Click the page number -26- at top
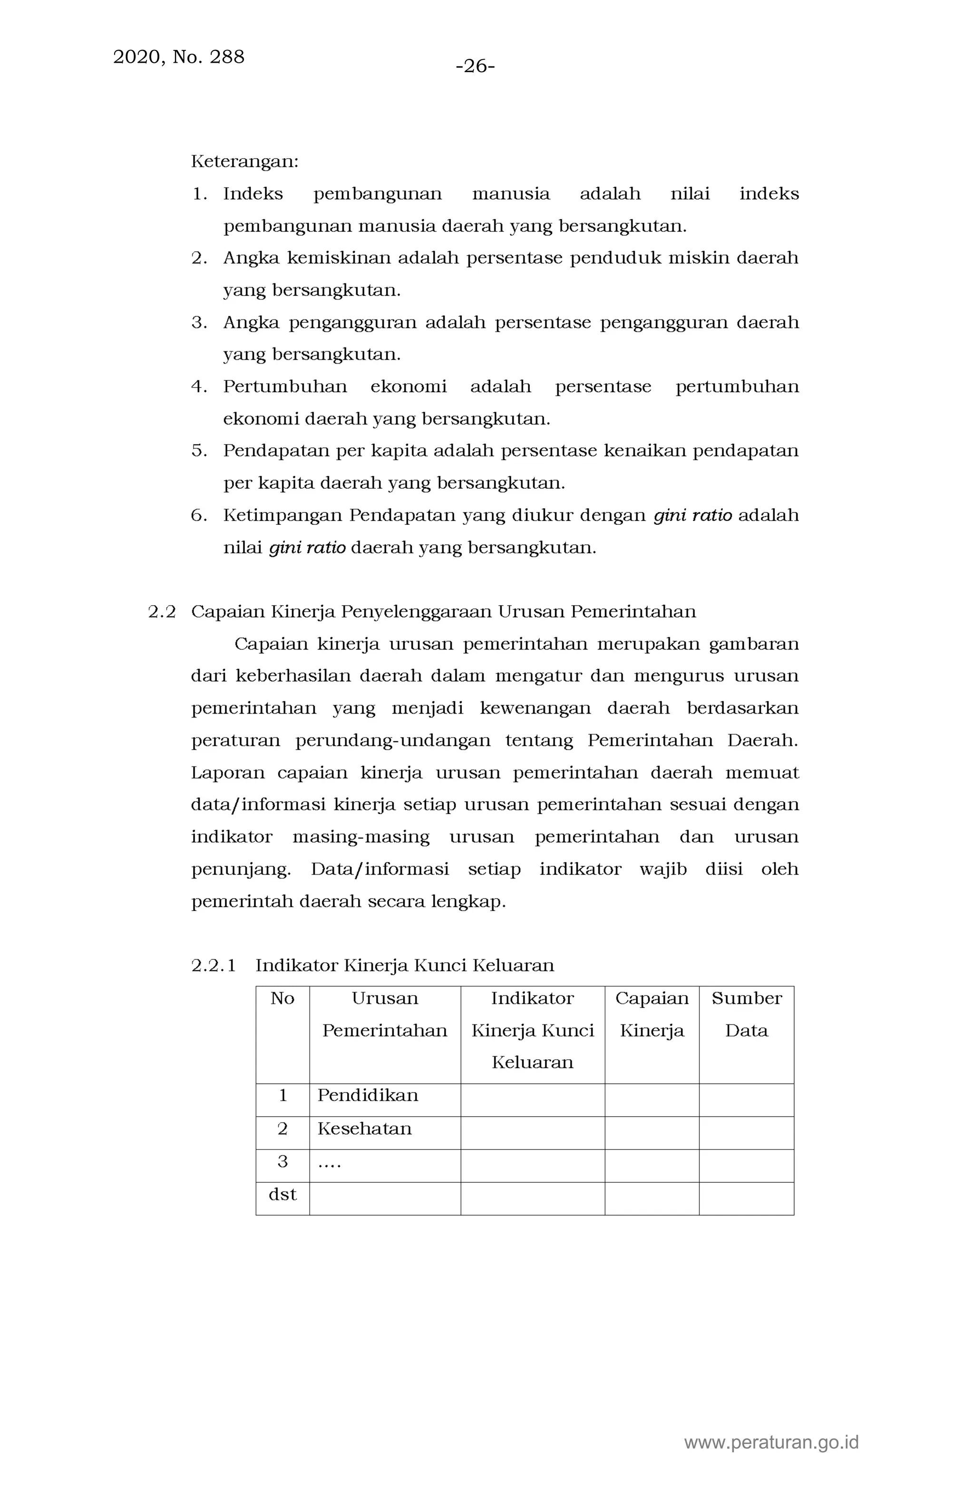click(x=475, y=66)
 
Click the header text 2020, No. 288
click(x=178, y=57)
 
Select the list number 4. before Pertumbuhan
click(x=199, y=387)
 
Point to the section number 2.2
click(x=162, y=612)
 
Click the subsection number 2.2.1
click(x=214, y=966)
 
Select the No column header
click(x=282, y=998)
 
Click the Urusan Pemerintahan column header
click(x=384, y=1014)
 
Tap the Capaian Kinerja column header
click(x=652, y=1014)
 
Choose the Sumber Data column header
click(x=746, y=1014)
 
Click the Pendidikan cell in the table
click(x=368, y=1095)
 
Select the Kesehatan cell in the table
click(x=364, y=1129)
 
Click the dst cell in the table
click(x=282, y=1194)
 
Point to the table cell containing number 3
click(x=282, y=1162)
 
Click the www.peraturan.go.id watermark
click(x=771, y=1443)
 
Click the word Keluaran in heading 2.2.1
click(x=513, y=966)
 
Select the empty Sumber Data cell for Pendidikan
click(x=746, y=1100)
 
